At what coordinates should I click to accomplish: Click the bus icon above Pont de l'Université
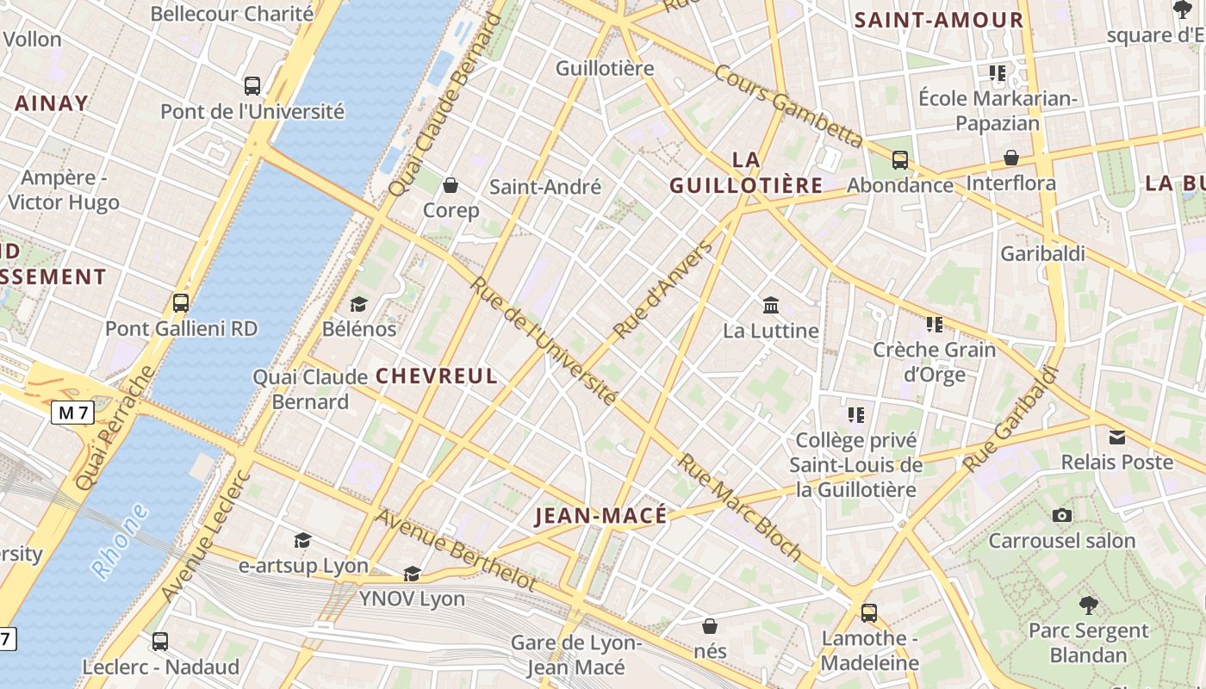pos(252,85)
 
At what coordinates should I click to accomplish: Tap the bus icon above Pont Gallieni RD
pos(181,303)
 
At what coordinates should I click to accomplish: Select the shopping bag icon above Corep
pos(450,184)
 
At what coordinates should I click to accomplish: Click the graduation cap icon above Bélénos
pos(358,304)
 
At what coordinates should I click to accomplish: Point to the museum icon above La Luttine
pos(771,305)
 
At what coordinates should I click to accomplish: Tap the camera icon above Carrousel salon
pos(1062,515)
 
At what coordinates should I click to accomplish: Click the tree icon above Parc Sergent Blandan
pos(1089,605)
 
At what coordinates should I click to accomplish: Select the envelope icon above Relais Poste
pos(1117,437)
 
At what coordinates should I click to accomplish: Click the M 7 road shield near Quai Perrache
pos(73,413)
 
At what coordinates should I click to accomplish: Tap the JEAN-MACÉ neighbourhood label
pos(600,516)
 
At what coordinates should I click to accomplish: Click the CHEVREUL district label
pos(437,376)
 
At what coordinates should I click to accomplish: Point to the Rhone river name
pos(120,540)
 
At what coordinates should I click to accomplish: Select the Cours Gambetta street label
pos(788,105)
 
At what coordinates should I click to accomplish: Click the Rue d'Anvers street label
pos(663,289)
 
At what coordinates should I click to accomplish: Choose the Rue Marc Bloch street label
pos(739,507)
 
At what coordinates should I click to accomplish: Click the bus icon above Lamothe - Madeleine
pos(869,613)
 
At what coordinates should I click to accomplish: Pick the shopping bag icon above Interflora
pos(1011,158)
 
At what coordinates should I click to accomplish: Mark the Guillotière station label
pos(605,68)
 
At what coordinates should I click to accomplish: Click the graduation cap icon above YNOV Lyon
pos(412,574)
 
